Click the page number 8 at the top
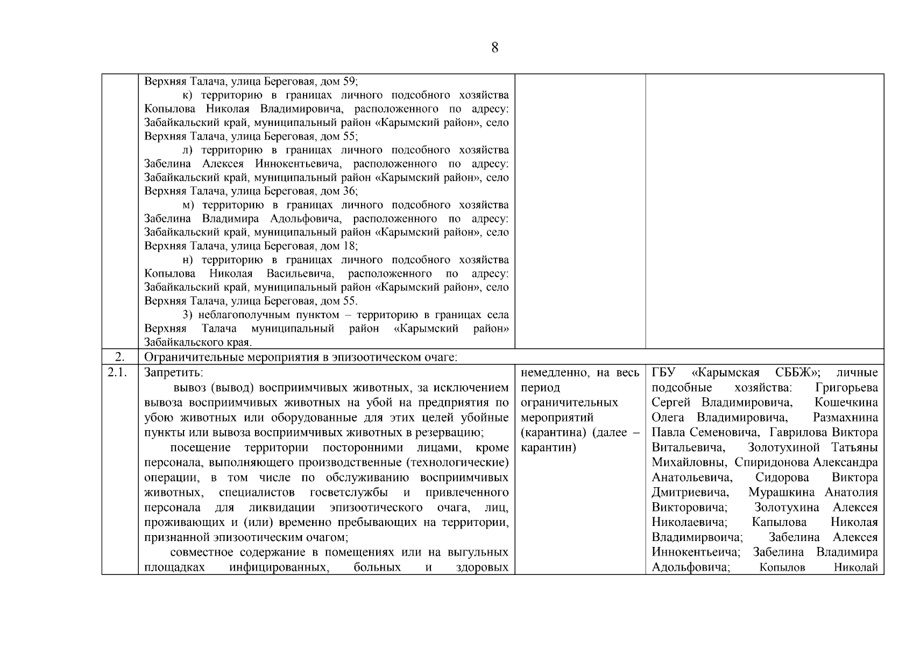tap(494, 47)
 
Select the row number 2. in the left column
tap(120, 357)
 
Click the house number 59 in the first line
tap(349, 81)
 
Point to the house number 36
tap(349, 191)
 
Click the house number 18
tap(349, 246)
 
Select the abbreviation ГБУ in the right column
tap(663, 373)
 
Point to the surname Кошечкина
tap(846, 403)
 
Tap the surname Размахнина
tap(845, 418)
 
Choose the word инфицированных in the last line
tap(279, 567)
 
